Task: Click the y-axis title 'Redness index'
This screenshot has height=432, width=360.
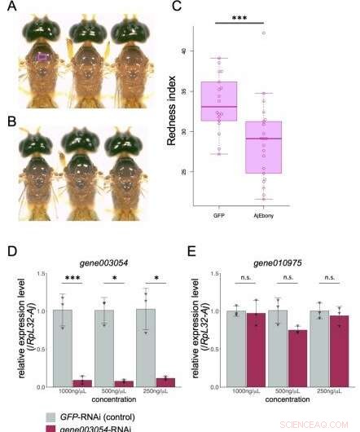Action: [172, 117]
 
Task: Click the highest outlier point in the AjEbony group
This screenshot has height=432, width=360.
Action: [263, 33]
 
